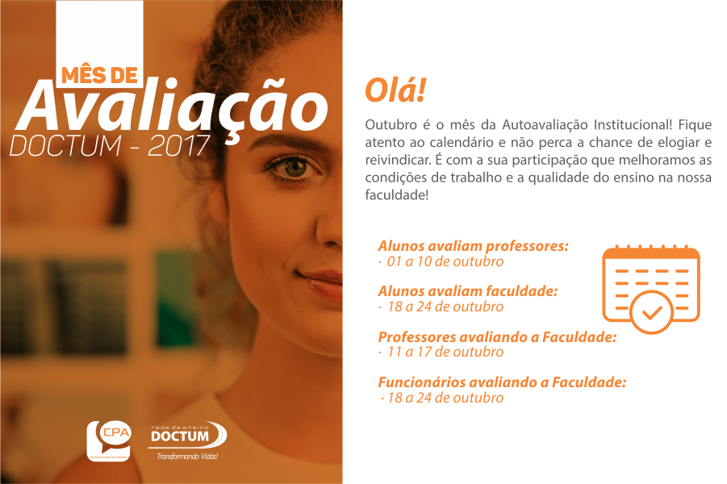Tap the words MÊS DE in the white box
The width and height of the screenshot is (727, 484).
coord(100,76)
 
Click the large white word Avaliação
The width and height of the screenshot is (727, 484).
coord(172,106)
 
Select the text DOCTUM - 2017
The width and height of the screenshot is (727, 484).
coord(110,145)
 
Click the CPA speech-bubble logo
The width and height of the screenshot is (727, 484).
coord(109,440)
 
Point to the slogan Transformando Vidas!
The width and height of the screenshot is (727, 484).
coord(187,457)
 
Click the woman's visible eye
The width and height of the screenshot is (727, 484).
coord(294,167)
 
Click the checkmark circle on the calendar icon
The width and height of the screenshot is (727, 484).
coord(652,312)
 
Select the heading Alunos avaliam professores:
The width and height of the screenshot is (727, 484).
coord(473,246)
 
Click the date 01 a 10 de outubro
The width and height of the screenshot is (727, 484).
coord(445,261)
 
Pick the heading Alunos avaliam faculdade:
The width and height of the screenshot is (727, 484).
coord(468,291)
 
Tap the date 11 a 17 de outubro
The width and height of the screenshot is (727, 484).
coord(445,352)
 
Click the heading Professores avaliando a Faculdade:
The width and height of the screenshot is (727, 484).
coord(497,337)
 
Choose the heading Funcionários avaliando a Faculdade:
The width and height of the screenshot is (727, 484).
coord(502,382)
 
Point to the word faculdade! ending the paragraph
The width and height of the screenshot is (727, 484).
coord(397,194)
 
